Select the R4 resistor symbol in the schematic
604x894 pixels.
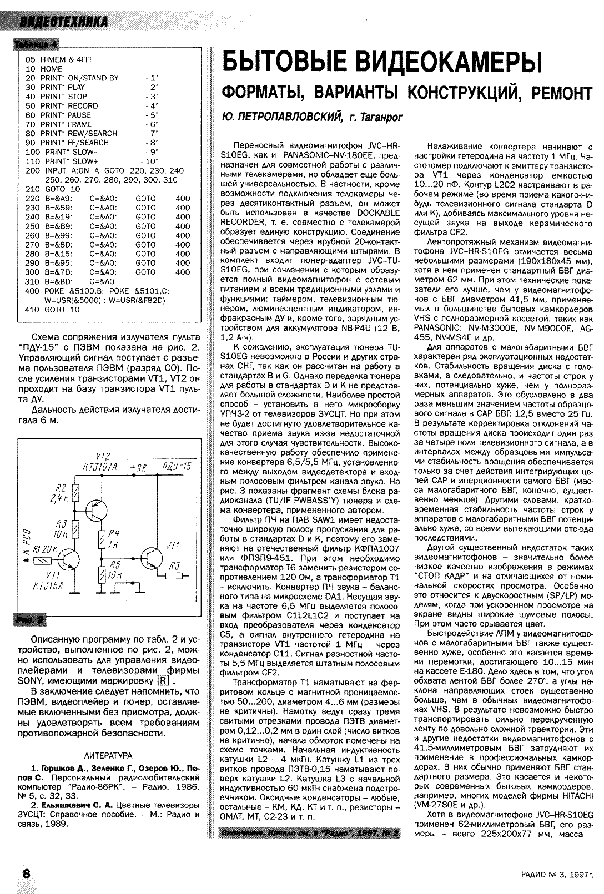(x=102, y=538)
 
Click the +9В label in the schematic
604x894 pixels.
(x=137, y=468)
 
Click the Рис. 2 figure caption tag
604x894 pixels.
(x=28, y=620)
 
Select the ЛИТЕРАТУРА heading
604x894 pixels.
(x=108, y=755)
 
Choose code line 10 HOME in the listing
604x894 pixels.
(x=44, y=69)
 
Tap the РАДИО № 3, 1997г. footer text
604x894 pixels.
(x=556, y=875)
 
